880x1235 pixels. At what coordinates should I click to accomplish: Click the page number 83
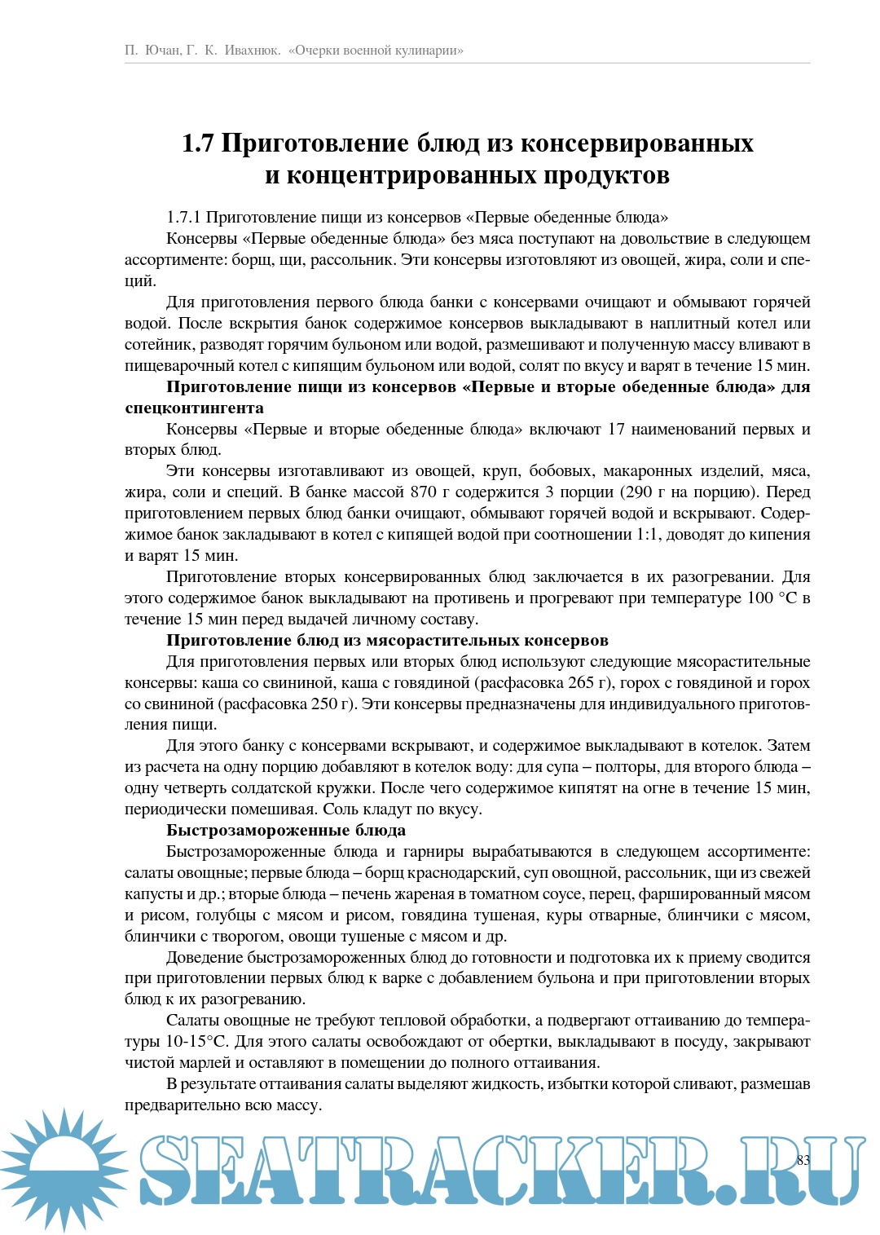point(803,1159)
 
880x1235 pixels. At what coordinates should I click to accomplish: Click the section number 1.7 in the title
point(197,143)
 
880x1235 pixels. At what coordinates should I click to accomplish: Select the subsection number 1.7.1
point(183,217)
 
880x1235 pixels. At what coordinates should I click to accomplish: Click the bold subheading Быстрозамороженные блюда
point(286,831)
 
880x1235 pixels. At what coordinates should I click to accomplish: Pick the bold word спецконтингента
point(194,408)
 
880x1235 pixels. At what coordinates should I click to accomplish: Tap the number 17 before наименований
point(616,429)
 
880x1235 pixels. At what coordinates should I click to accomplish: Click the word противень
point(491,598)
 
